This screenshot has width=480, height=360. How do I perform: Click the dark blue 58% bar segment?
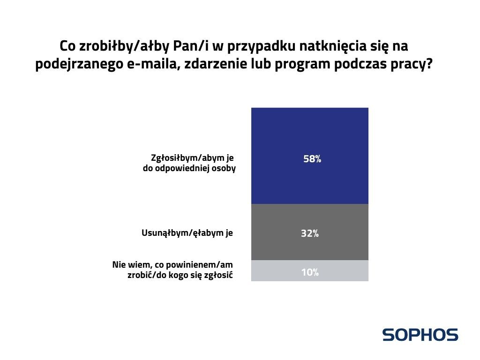pos(309,156)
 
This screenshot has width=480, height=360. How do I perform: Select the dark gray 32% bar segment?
pos(309,232)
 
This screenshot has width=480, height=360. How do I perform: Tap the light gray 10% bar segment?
pos(309,270)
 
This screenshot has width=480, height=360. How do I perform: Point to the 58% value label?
pos(312,159)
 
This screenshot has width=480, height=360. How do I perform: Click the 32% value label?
pos(310,233)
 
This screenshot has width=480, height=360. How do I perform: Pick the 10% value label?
pos(310,272)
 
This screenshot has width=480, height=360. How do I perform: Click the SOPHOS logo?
pos(420,335)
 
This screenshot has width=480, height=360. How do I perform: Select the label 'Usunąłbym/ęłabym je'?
pos(187,233)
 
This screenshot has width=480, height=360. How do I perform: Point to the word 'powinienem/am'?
pos(199,264)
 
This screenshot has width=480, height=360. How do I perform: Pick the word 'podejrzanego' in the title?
pos(79,65)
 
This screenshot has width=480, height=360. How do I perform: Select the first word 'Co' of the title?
pos(67,46)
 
